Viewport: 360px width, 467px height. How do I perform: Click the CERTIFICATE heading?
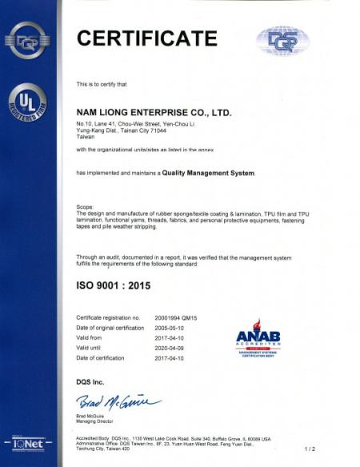pos(146,38)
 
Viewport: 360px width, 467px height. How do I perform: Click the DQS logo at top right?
pos(282,40)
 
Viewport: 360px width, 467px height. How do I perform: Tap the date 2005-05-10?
pos(172,328)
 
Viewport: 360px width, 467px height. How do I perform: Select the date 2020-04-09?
pos(172,347)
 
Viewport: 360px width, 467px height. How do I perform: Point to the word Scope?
pos(84,206)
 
